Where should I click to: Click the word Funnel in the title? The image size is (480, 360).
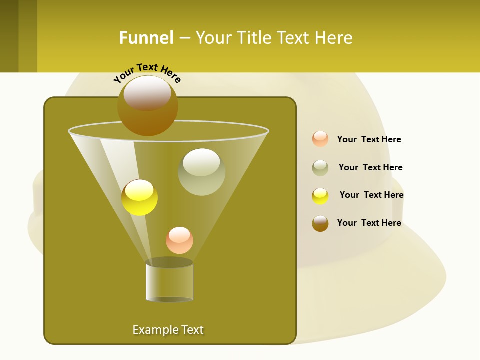(x=146, y=38)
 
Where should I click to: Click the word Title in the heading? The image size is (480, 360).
(x=254, y=38)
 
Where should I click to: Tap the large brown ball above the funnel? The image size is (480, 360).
(x=148, y=105)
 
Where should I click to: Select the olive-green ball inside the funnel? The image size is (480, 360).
(x=201, y=172)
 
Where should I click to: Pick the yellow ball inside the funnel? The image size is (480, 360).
(x=140, y=197)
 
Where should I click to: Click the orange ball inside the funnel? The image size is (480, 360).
(x=179, y=240)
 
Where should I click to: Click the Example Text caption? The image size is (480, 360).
(x=168, y=330)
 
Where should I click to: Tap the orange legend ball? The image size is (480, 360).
(x=320, y=139)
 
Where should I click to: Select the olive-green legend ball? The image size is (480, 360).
(x=320, y=168)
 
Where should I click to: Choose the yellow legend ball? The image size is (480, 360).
(x=320, y=196)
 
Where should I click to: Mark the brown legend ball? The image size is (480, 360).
(x=320, y=223)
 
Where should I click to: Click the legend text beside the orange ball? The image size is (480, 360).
(x=369, y=140)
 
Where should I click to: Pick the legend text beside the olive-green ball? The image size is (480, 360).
(x=370, y=168)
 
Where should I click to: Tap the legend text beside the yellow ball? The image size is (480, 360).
(x=371, y=195)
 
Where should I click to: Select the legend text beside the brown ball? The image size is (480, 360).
(x=369, y=223)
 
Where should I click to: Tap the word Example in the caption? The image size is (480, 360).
(x=155, y=330)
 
